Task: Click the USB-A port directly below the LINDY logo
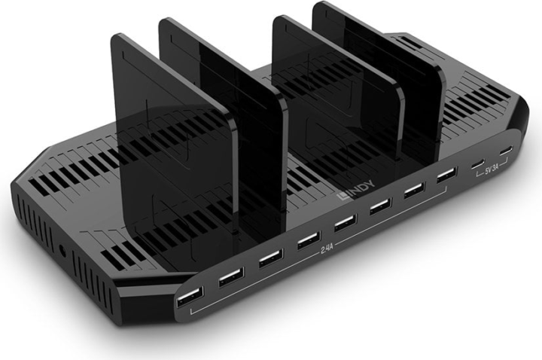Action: [x=344, y=223]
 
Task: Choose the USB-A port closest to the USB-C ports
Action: [x=446, y=176]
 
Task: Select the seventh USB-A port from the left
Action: [x=413, y=191]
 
